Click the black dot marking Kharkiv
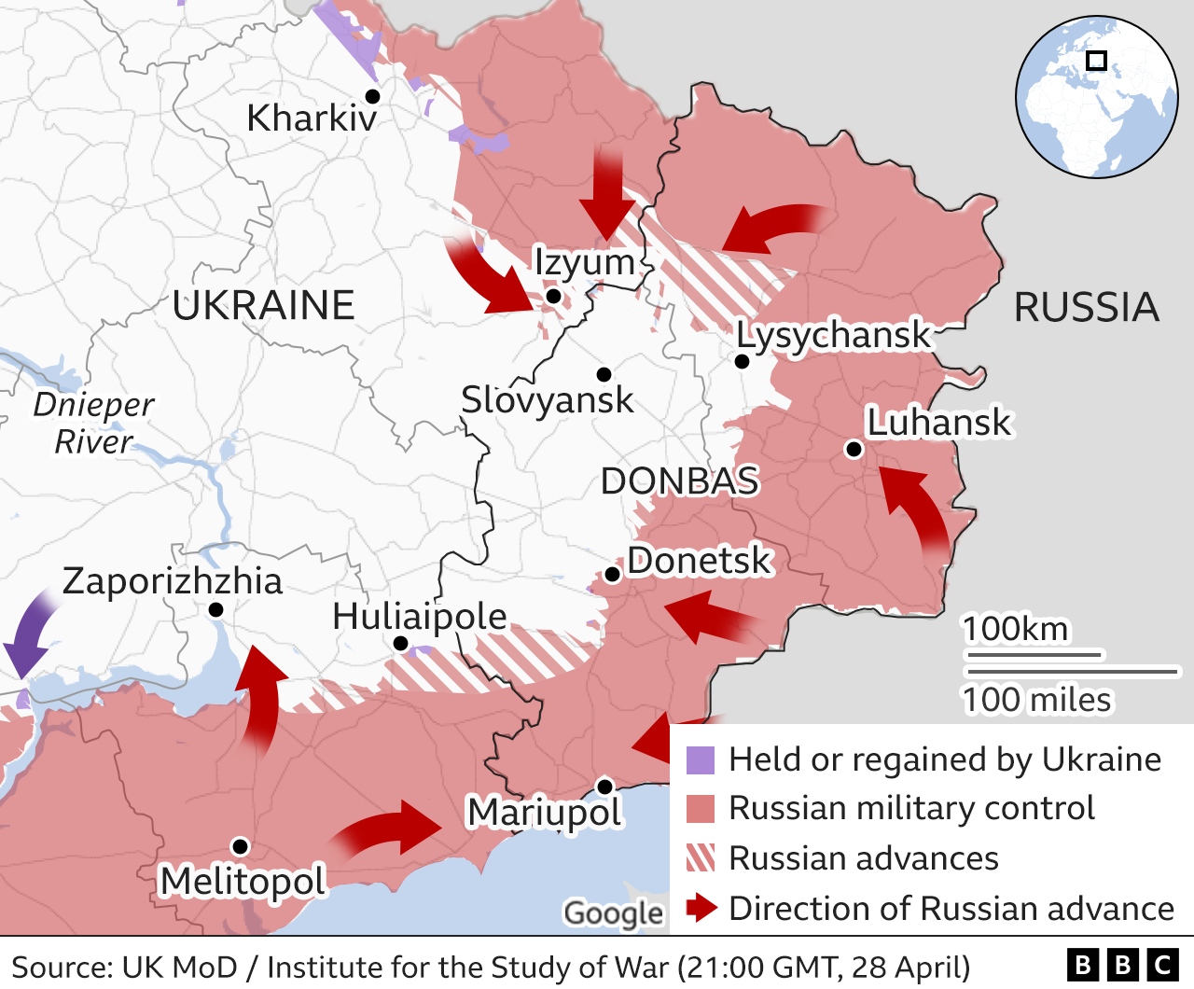click(372, 96)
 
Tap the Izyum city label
click(584, 262)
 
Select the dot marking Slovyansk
click(604, 374)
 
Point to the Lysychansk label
click(833, 334)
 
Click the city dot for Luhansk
click(853, 449)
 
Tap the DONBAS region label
click(679, 481)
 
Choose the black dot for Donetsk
click(613, 574)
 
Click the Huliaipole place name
click(420, 617)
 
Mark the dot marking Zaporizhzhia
click(215, 609)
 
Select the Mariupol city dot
click(604, 786)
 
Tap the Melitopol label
click(243, 881)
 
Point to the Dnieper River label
click(93, 423)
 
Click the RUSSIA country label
click(1086, 307)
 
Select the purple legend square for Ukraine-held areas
click(700, 760)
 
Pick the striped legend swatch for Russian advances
click(700, 857)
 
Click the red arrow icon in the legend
click(701, 908)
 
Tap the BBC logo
click(1123, 965)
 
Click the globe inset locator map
click(1096, 96)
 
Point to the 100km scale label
click(1015, 629)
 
